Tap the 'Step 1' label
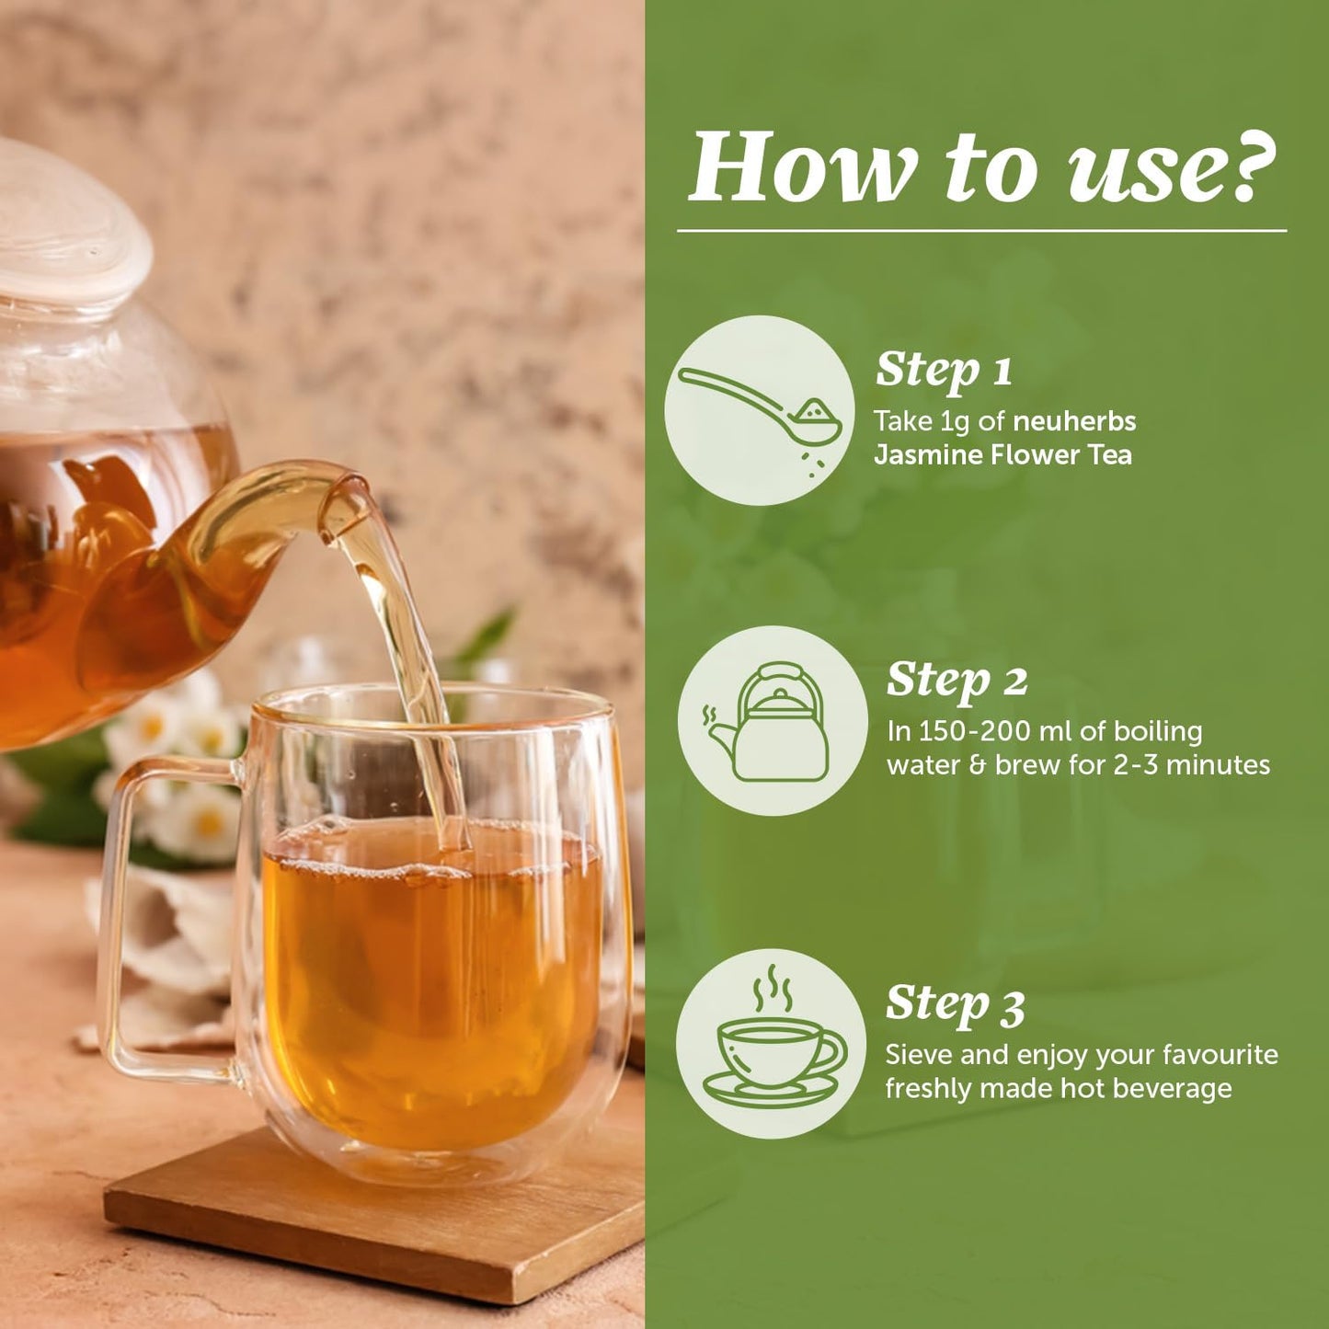pyautogui.click(x=944, y=371)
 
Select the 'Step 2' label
pyautogui.click(x=957, y=680)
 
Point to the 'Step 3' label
pyautogui.click(x=956, y=1003)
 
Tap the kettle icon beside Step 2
pyautogui.click(x=768, y=722)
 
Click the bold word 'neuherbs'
pyautogui.click(x=1074, y=420)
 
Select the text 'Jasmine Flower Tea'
pyautogui.click(x=1002, y=455)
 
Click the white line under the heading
pyautogui.click(x=981, y=230)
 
